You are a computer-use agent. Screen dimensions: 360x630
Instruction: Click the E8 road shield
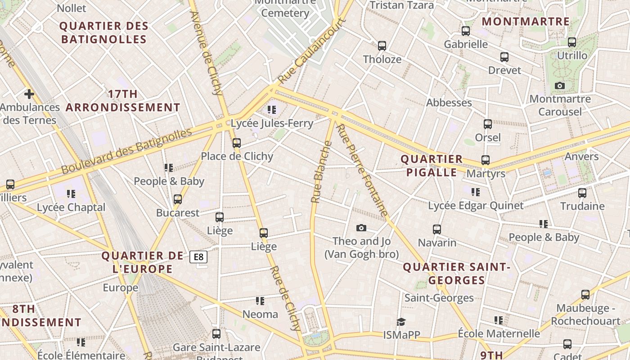coord(198,257)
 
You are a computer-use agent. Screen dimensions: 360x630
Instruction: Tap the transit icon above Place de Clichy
coord(236,143)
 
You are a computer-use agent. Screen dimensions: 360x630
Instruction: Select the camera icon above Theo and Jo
coord(361,228)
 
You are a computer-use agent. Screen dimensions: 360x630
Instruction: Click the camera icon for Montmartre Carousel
coord(560,85)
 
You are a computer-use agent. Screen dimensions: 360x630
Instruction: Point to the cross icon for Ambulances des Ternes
coord(29,94)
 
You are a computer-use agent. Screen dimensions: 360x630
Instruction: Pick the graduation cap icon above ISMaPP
coord(401,321)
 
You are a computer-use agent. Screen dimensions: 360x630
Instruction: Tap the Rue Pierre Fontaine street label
coord(362,171)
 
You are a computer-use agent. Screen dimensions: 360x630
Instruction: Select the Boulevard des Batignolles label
coord(126,151)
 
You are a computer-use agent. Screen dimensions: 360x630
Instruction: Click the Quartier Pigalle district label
coord(432,166)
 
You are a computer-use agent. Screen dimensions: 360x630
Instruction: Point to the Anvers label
coord(581,157)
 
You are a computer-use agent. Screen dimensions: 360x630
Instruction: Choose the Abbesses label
coord(449,103)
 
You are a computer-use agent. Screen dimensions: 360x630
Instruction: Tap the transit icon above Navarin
coord(437,229)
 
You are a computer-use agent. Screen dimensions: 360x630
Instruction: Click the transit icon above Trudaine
coord(582,193)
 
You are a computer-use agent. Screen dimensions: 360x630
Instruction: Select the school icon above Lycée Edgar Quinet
coord(476,192)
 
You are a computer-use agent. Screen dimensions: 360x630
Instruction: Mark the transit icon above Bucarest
coord(178,199)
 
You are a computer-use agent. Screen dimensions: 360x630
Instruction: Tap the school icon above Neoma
coord(260,301)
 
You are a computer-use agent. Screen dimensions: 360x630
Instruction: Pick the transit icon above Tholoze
coord(382,46)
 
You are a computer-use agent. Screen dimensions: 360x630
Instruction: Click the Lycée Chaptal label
coord(71,207)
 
